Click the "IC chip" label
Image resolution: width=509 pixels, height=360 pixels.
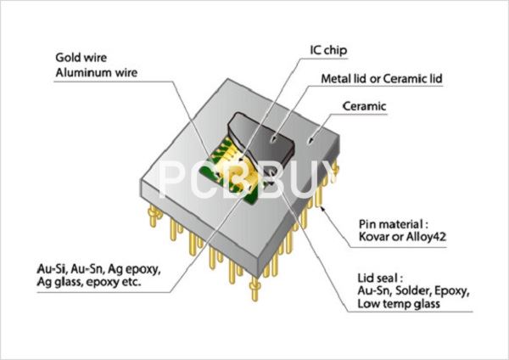[x=328, y=50]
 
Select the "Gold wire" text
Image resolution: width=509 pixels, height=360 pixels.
[x=81, y=58]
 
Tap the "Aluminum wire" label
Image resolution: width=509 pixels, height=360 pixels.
[x=97, y=72]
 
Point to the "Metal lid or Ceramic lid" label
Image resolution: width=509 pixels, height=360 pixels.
[x=382, y=79]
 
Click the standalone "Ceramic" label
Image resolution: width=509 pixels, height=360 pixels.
[x=365, y=106]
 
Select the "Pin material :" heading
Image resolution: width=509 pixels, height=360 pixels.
[x=393, y=224]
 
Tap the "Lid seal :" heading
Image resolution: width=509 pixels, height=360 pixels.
[x=380, y=278]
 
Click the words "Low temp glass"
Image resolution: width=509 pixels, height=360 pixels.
[x=399, y=304]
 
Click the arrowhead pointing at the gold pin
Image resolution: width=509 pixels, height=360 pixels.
[x=322, y=208]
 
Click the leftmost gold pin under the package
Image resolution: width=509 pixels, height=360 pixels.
[x=154, y=215]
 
